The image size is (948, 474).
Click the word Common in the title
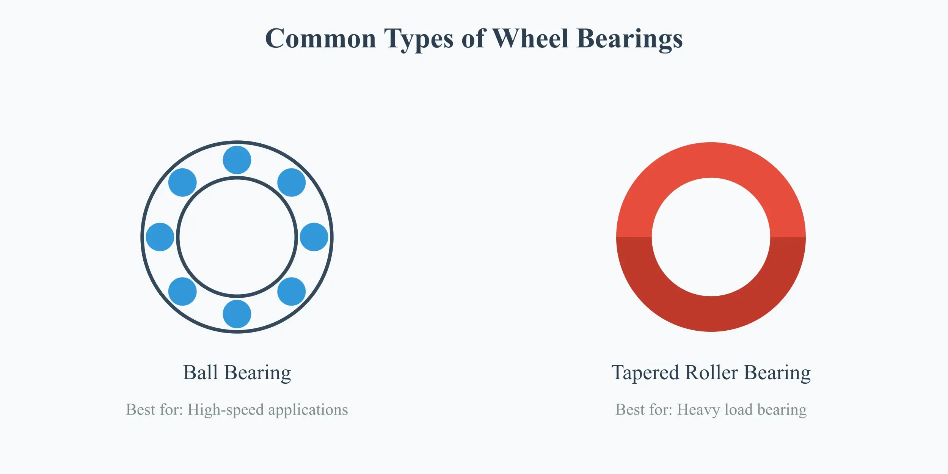pos(320,39)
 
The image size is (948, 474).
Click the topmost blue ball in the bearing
pos(237,160)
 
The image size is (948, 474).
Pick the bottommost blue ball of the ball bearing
pos(237,314)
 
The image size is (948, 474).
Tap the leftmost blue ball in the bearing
pos(160,237)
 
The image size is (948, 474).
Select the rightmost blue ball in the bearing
pos(314,237)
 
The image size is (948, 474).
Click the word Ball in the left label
pos(200,373)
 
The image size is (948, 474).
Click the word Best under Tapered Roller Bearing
pos(629,410)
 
